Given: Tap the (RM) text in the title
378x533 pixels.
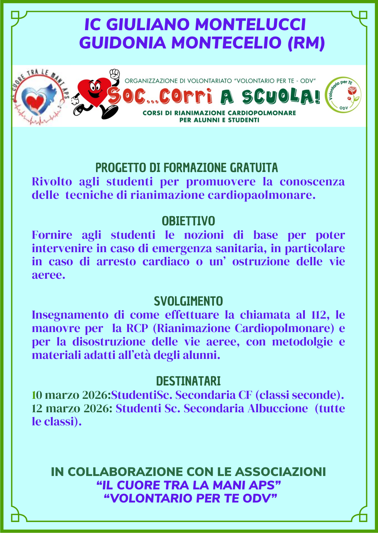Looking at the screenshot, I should [306, 43].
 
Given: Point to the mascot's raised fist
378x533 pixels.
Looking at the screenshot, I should [114, 74].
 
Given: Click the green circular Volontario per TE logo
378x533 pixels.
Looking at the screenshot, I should [343, 95].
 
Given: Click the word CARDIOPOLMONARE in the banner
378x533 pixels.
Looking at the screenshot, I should [262, 113].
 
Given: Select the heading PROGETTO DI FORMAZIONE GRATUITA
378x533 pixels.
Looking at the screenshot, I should [187, 168].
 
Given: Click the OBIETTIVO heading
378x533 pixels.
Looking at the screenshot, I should [188, 221].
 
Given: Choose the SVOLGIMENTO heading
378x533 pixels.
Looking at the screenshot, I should [188, 301].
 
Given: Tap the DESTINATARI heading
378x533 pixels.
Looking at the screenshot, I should [188, 381].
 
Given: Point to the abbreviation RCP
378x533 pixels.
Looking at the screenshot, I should [137, 328].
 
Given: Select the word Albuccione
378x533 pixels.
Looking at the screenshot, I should [278, 408].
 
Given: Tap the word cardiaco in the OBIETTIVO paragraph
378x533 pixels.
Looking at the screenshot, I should [166, 262].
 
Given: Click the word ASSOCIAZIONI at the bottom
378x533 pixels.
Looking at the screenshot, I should [280, 472].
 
